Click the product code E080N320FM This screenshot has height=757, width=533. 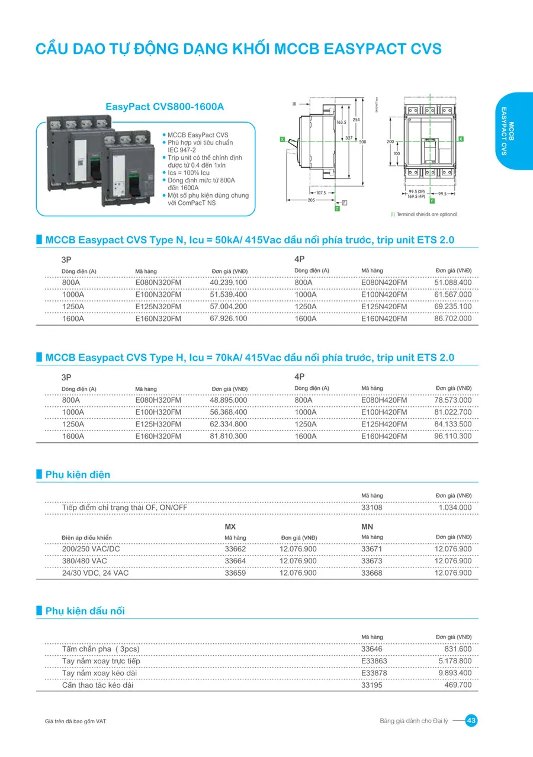tap(158, 283)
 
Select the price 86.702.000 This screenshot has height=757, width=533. tap(453, 319)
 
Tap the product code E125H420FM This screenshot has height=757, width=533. tap(384, 424)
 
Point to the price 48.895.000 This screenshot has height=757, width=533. tap(229, 400)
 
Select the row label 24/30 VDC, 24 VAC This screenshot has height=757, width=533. tap(95, 573)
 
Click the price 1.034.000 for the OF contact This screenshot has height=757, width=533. tap(455, 508)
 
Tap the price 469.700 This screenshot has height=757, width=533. tap(458, 685)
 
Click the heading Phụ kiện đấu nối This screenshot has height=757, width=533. tap(85, 611)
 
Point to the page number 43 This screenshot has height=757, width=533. tap(471, 721)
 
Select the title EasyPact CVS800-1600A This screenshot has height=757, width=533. tap(165, 107)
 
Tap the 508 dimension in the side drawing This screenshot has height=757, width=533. tap(362, 142)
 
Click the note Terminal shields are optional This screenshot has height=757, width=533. tap(426, 214)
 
